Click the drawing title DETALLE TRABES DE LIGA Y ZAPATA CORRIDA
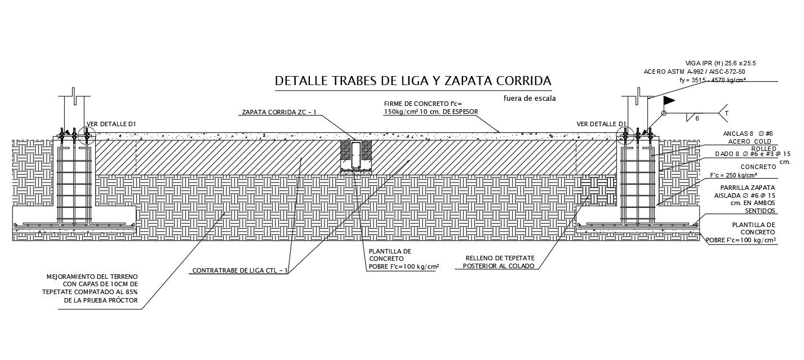(413, 81)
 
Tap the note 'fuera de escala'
(530, 99)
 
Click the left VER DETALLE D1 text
(111, 124)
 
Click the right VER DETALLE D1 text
(601, 124)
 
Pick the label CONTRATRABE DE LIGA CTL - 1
(241, 270)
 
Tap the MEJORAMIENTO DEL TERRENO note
(93, 288)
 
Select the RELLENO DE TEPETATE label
(499, 262)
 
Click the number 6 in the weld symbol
(696, 118)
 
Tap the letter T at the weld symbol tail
(727, 113)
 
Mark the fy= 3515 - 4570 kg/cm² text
(713, 81)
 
